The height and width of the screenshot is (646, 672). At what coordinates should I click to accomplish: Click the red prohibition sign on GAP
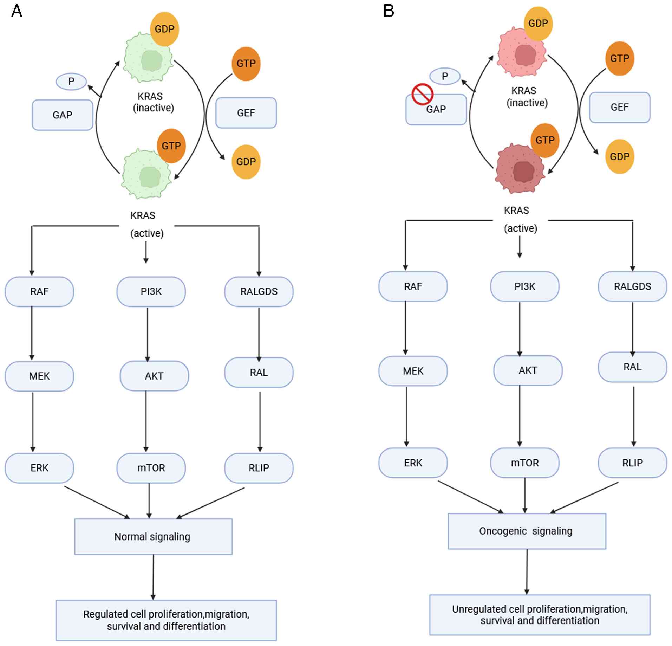(422, 94)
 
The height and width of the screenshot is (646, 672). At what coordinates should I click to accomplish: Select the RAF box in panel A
(39, 291)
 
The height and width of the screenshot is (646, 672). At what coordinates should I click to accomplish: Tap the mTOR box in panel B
(524, 463)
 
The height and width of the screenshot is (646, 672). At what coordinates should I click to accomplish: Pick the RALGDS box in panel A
(259, 291)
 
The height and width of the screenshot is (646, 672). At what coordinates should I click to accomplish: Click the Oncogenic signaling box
(527, 531)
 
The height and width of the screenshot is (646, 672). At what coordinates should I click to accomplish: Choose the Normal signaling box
(153, 536)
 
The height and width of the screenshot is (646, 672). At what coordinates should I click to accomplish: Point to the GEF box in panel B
(619, 107)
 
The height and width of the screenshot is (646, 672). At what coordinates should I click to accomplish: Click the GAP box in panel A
(62, 115)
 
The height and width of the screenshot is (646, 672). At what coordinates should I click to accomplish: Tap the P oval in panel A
(71, 82)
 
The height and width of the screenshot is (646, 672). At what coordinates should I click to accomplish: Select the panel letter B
(389, 11)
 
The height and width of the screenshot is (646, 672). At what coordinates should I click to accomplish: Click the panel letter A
(17, 11)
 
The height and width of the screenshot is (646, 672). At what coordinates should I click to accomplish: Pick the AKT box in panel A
(154, 376)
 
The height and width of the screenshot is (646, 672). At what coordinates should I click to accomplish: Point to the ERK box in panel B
(413, 463)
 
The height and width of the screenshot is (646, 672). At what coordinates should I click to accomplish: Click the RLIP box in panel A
(259, 468)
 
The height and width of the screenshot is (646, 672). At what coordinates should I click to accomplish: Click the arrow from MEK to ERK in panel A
(33, 422)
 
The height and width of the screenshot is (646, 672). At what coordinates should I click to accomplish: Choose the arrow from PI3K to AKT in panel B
(520, 329)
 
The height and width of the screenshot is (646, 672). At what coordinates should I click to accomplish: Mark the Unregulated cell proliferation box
(540, 614)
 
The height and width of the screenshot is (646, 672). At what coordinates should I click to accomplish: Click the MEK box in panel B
(413, 371)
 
